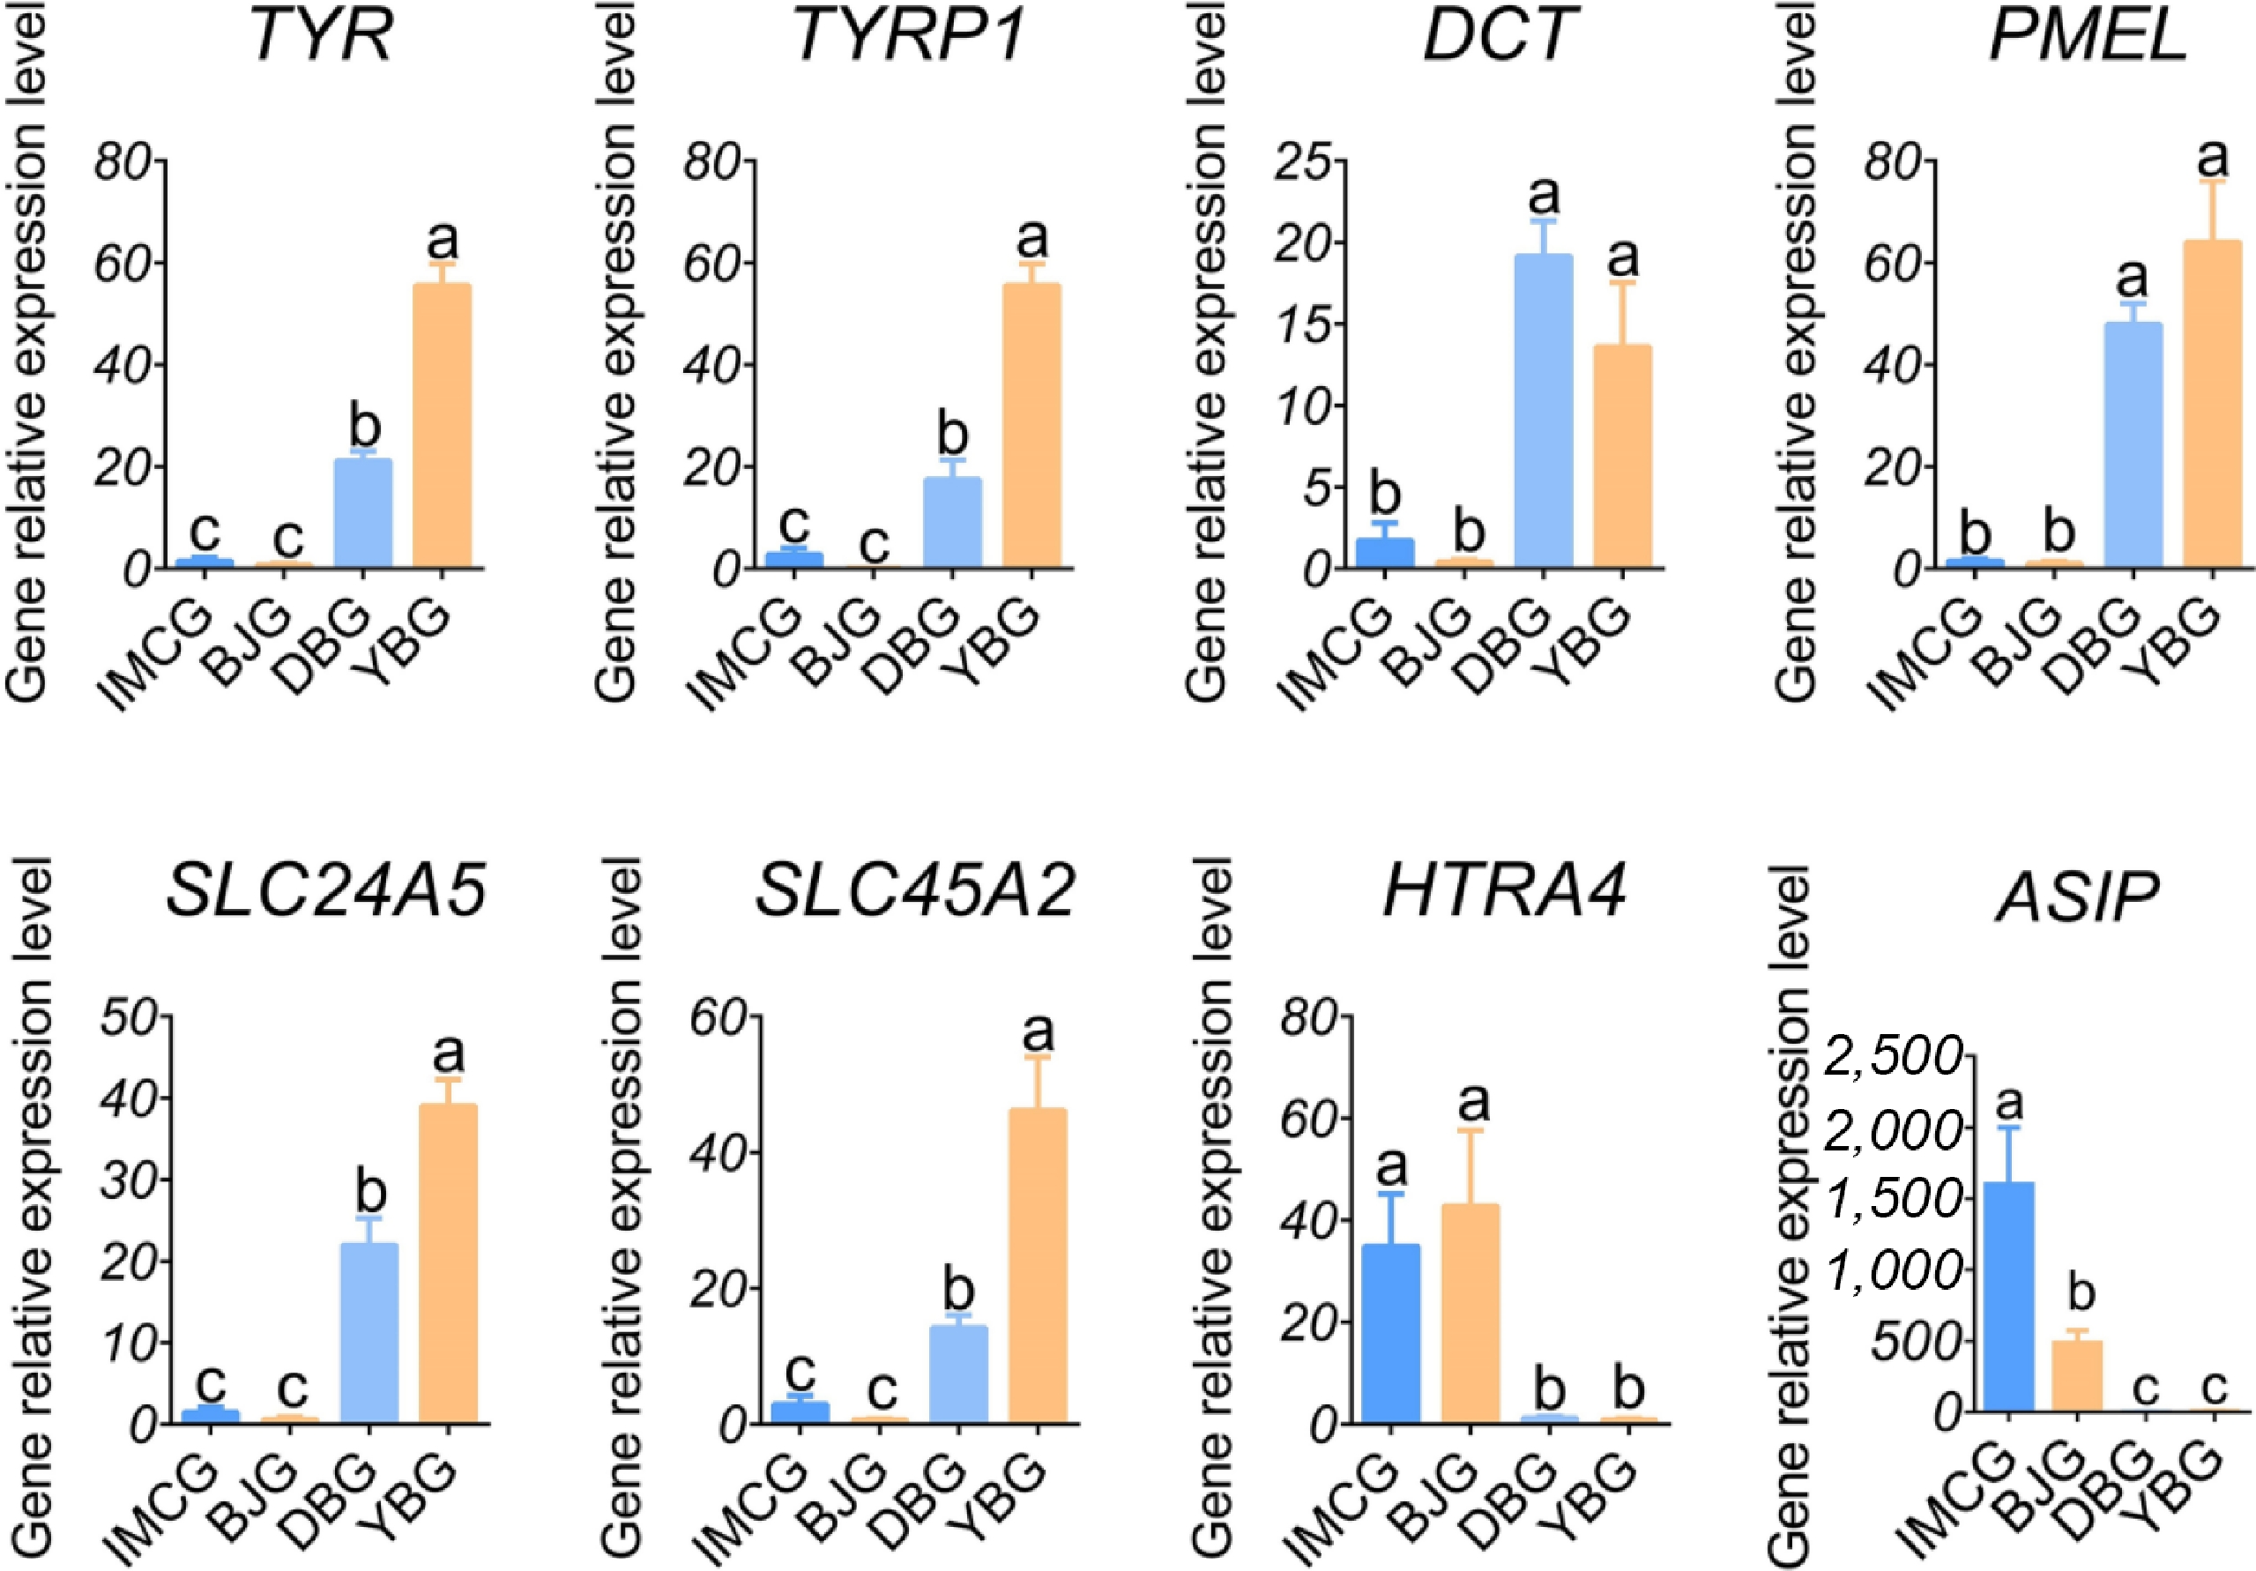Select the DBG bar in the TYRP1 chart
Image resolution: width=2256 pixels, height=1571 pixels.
click(x=951, y=522)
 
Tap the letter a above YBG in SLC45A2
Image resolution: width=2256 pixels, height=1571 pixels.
click(x=1038, y=1032)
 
